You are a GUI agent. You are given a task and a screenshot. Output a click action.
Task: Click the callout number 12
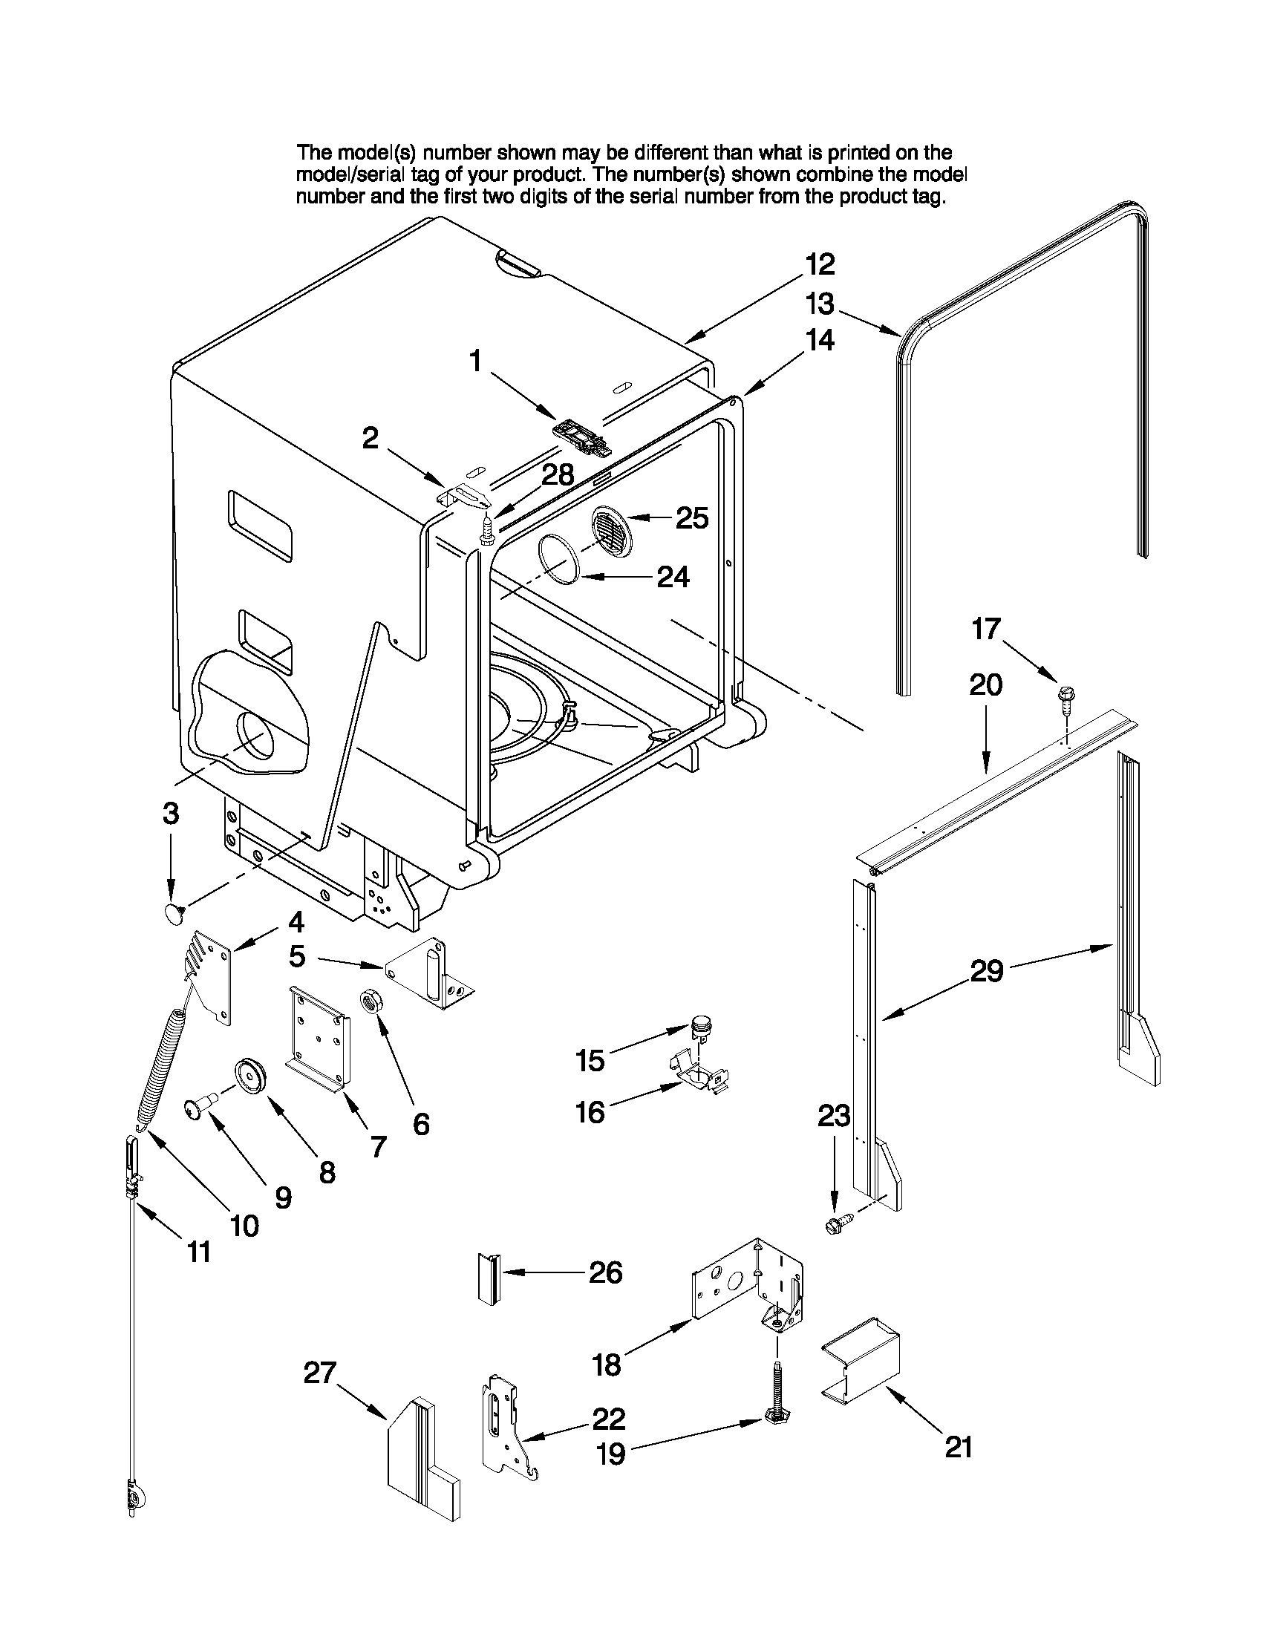pos(819,264)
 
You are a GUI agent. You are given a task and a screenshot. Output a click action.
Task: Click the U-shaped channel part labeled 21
pos(861,1359)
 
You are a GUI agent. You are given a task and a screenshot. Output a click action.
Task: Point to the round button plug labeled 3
pos(174,912)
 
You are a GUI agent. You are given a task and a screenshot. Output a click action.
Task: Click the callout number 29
pos(986,971)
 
